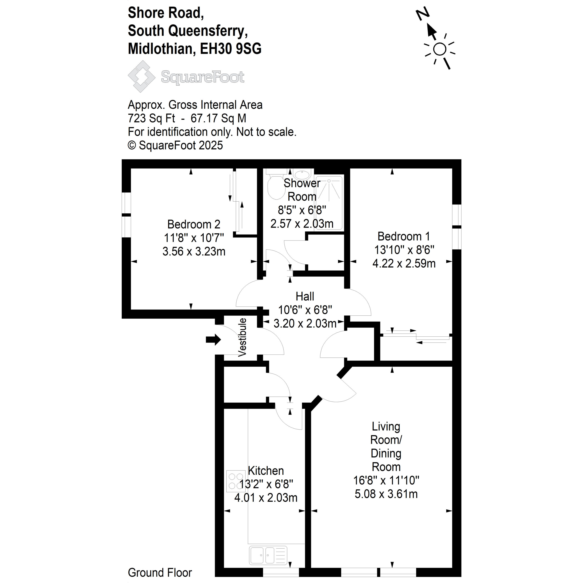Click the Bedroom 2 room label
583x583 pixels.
tap(194, 225)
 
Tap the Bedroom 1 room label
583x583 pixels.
tap(404, 236)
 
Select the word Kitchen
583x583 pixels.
tap(266, 471)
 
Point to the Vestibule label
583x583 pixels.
tap(242, 337)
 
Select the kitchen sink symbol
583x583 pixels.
tap(268, 555)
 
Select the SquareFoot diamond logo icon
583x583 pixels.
tap(141, 76)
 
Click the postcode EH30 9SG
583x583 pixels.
tap(231, 49)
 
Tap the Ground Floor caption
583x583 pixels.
tap(160, 573)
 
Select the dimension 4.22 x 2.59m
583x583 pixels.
tap(404, 263)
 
